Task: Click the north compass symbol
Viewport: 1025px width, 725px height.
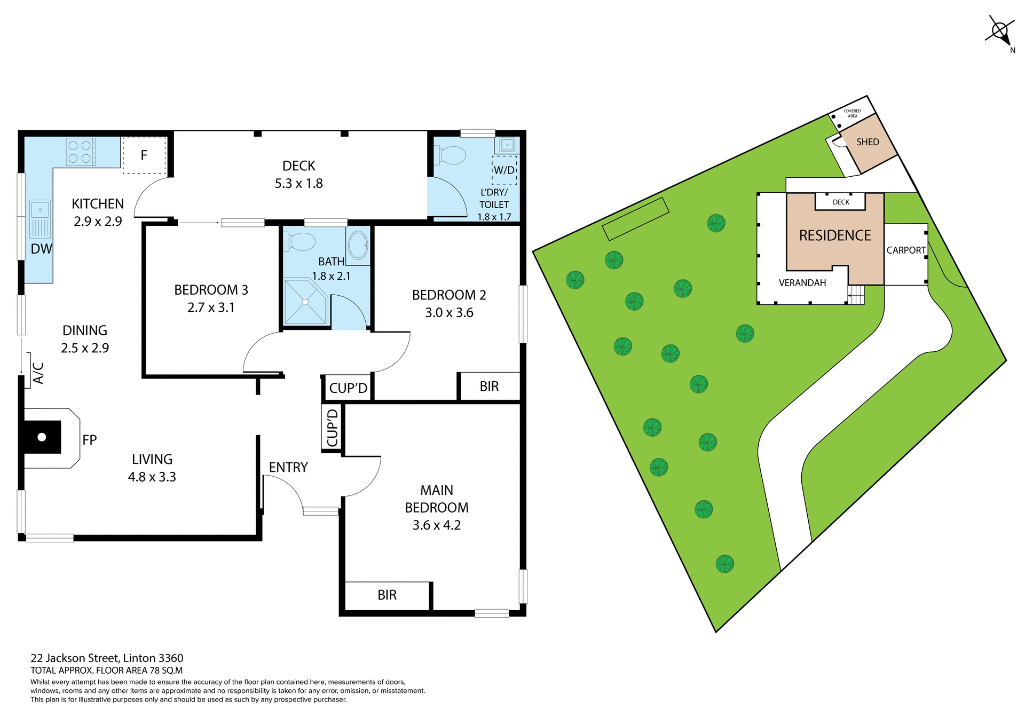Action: pyautogui.click(x=999, y=31)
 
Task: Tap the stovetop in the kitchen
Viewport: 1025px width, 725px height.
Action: pyautogui.click(x=81, y=152)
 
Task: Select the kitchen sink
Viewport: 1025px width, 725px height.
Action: pyautogui.click(x=40, y=219)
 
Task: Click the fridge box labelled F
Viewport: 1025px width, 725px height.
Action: pyautogui.click(x=144, y=155)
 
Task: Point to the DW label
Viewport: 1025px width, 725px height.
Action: pyautogui.click(x=41, y=249)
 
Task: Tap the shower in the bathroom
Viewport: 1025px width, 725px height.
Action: pyautogui.click(x=305, y=302)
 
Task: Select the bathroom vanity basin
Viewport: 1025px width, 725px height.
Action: pyautogui.click(x=358, y=246)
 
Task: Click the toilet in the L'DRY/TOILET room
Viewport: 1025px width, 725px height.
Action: pyautogui.click(x=452, y=156)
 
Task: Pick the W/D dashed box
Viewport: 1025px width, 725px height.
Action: pyautogui.click(x=504, y=170)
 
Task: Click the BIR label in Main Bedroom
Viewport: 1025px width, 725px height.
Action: pyautogui.click(x=387, y=595)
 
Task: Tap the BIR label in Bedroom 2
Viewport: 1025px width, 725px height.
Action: pyautogui.click(x=489, y=387)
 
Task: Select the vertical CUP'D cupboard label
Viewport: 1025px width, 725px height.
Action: pyautogui.click(x=332, y=428)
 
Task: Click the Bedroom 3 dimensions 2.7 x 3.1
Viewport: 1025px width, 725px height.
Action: pyautogui.click(x=211, y=308)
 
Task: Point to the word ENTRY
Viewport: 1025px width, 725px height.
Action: pyautogui.click(x=288, y=468)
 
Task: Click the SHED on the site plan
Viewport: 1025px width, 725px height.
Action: pyautogui.click(x=868, y=143)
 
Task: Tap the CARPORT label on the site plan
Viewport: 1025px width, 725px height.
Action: pyautogui.click(x=906, y=250)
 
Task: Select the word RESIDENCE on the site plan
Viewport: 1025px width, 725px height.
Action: pyautogui.click(x=835, y=235)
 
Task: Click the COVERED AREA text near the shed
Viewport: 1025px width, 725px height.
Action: pyautogui.click(x=852, y=113)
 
